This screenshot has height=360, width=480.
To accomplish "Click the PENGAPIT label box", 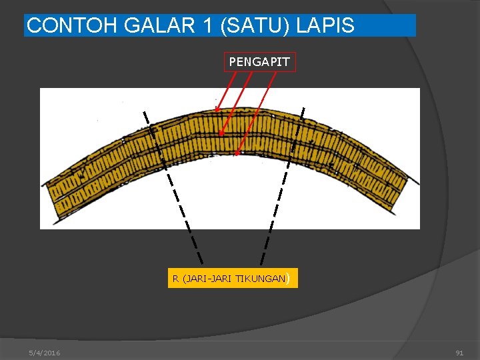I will point(259,62).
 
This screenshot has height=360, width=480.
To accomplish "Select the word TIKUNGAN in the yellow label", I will point(261,279).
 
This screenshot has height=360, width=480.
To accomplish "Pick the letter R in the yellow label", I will point(175,279).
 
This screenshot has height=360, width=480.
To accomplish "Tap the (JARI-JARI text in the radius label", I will point(207,279).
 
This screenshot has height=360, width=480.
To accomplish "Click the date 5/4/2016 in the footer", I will point(45,353).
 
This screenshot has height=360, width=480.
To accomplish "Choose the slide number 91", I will point(459,353).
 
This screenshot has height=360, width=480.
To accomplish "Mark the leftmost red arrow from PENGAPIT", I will point(225,89).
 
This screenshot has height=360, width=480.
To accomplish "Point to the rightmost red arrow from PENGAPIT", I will point(256,113).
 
